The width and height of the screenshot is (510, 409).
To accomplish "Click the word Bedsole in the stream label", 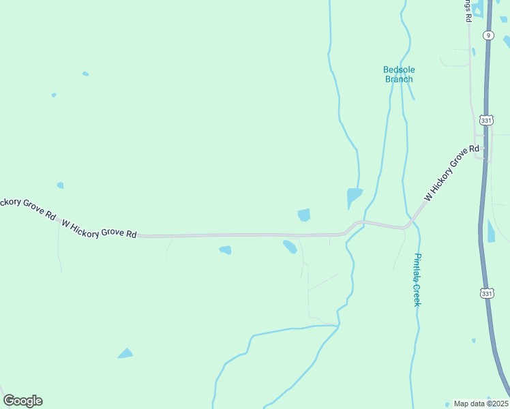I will [399, 70].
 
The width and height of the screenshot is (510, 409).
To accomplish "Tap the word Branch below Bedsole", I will [399, 79].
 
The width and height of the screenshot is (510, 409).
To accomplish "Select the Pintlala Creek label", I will [417, 279].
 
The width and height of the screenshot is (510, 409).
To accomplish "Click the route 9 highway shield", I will [488, 35].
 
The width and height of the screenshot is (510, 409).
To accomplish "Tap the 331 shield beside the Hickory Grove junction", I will [485, 120].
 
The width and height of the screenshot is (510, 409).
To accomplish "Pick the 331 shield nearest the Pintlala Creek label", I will [485, 293].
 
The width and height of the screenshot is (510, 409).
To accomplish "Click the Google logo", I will [22, 401].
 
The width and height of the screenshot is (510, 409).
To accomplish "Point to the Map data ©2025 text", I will [481, 404].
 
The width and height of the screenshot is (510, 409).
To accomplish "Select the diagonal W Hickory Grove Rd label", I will [451, 173].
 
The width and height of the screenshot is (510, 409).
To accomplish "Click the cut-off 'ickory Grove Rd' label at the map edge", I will [27, 208].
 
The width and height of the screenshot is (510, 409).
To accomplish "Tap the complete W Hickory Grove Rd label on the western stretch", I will [100, 228].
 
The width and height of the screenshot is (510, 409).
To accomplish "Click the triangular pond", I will [125, 353].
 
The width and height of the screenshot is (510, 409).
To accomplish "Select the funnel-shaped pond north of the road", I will [354, 196].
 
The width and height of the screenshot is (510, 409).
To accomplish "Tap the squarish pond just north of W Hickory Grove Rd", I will [304, 215].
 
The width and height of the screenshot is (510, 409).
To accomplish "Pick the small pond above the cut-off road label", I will [60, 185].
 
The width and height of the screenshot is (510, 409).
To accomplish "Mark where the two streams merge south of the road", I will [337, 327].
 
